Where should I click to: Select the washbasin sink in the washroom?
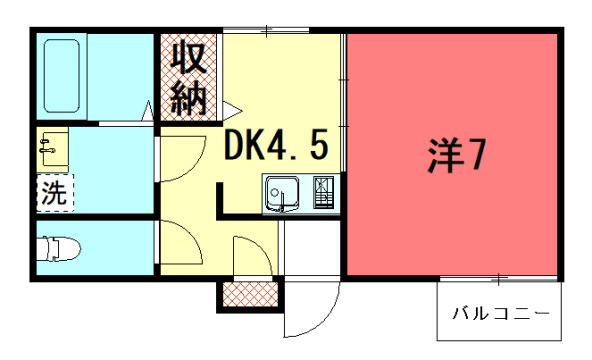click(49, 150)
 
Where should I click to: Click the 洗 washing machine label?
click(54, 193)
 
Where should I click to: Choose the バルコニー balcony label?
click(500, 313)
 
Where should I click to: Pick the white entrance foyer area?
click(310, 250)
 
